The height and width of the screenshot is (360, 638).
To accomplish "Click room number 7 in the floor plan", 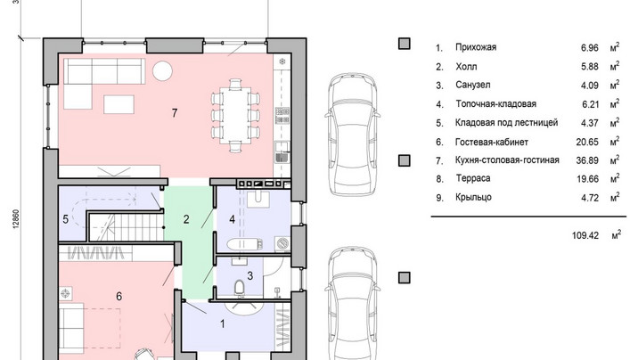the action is coord(175,112).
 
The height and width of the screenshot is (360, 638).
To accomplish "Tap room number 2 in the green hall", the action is coord(186,220).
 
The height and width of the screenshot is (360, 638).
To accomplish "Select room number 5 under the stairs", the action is coord(66,220).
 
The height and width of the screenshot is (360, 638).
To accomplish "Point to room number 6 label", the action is coord(119,296).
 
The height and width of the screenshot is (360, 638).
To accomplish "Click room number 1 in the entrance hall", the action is coord(223,323).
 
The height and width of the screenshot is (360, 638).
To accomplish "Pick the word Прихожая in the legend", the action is coord(476,47).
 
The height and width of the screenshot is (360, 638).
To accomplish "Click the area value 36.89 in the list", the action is coord(587,160).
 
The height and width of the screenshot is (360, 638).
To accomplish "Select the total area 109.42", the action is coord(585,235).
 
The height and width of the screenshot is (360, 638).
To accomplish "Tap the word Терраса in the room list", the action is coord(473,178).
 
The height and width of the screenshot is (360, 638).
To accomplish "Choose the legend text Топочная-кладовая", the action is coord(496,103).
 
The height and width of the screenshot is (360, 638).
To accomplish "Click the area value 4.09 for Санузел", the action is coord(590,86).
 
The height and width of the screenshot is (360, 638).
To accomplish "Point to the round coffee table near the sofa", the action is coord(162,70).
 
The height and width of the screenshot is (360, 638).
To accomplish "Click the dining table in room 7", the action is coord(234,116).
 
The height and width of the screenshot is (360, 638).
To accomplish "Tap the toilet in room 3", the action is coord(240,287).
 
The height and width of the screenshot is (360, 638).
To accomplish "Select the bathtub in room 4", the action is coord(244,244).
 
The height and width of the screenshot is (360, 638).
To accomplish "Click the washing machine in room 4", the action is coord(282,243).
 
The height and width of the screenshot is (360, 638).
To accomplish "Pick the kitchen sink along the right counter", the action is coord(282,151).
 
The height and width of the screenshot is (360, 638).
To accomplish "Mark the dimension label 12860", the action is coord(16,219).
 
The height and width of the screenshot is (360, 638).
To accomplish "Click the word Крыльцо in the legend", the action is coord(473,198).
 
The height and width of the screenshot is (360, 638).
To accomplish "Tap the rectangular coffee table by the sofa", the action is coord(119,104).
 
